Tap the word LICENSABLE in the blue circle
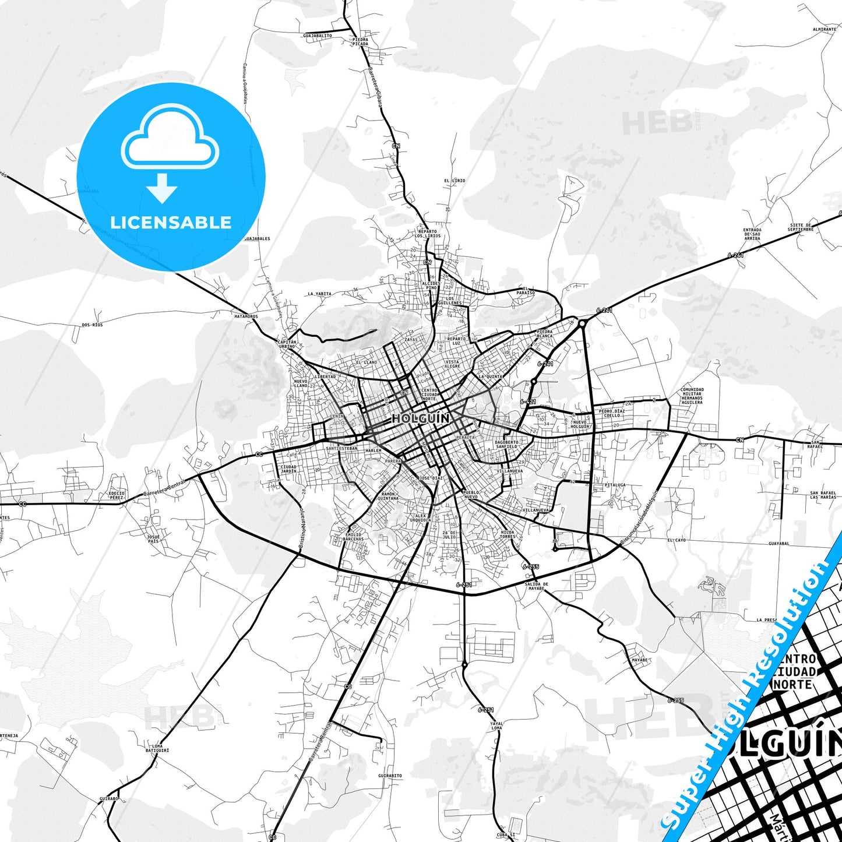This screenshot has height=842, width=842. pos(171,223)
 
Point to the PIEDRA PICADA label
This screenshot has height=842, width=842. pos(360,41)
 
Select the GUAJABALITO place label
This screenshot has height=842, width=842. pos(318,36)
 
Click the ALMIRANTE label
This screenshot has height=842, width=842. pos(825,29)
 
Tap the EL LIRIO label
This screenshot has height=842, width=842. pos(455,181)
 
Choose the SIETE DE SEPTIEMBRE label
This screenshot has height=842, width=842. pos(801,227)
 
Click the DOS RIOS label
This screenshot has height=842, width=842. pos(92,325)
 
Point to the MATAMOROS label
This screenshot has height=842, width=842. pos(246,316)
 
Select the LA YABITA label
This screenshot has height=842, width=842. pos(319,294)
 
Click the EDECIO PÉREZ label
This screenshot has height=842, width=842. pos(117,495)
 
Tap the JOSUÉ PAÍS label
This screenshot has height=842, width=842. pos(153,538)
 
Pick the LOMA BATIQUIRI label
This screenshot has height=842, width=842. pos(157,748)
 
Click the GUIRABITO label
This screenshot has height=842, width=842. pos(390,776)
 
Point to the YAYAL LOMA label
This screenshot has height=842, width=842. pos(496,725)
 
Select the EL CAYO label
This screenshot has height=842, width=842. pos(677,540)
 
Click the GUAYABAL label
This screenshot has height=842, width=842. pos(779,544)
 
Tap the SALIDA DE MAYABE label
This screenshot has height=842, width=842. pos(536,586)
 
